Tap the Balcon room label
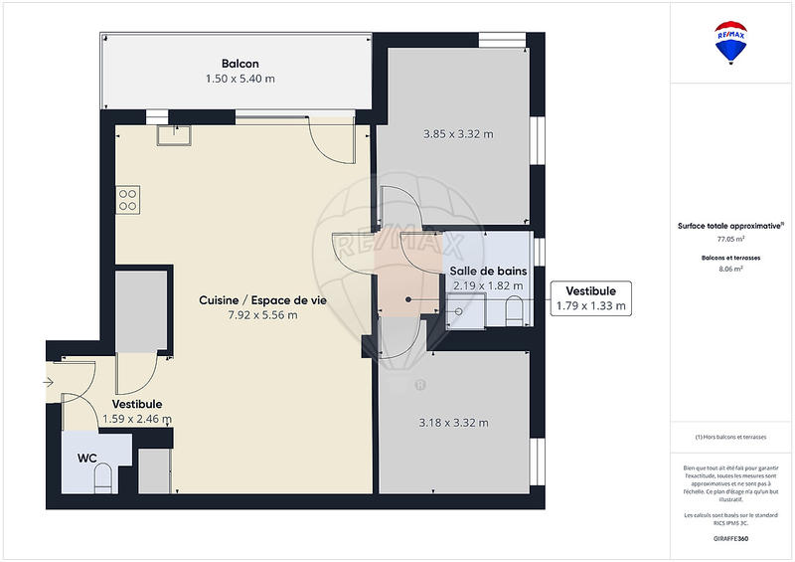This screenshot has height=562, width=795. coord(240,64)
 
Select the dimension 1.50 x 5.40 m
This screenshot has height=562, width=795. coord(240,78)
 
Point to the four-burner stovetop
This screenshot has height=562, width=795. coord(128,199)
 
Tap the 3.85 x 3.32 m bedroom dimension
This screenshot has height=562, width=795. coord(458,134)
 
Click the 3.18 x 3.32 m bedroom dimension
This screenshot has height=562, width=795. coord(454,423)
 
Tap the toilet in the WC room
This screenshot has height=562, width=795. coord(101,481)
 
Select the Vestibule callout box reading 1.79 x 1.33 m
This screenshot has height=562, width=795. coord(591,298)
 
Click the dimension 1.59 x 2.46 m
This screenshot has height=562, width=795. coord(137,419)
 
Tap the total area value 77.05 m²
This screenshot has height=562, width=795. coord(731,240)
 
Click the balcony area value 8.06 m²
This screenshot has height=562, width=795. coord(731,268)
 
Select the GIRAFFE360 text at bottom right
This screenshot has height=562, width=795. coord(730,538)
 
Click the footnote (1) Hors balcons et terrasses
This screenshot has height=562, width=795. coord(731,438)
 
